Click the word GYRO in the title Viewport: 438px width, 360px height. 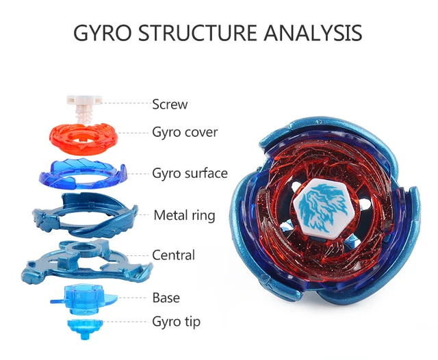click(102, 33)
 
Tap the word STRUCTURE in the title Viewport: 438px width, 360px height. click(197, 33)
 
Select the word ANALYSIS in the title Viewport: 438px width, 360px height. click(313, 33)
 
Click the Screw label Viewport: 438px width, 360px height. click(170, 104)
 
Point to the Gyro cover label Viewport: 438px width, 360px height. click(185, 132)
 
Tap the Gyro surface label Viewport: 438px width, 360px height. click(190, 173)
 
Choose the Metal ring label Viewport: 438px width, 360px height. click(184, 216)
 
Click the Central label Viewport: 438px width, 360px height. click(173, 255)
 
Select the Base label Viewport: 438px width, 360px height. click(166, 298)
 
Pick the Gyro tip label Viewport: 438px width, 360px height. click(177, 322)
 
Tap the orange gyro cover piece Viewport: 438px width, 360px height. click(83, 139)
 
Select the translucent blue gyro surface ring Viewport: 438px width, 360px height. click(83, 174)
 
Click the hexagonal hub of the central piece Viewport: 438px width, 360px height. click(82, 248)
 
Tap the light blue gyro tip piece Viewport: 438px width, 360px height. click(85, 329)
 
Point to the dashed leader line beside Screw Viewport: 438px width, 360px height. click(126, 103)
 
